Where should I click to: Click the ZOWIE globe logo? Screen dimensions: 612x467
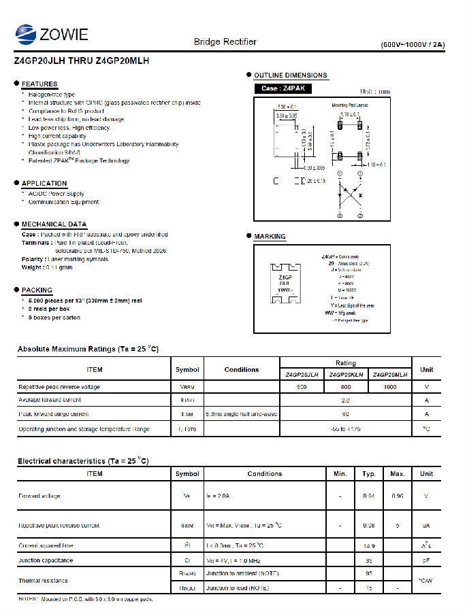(27, 33)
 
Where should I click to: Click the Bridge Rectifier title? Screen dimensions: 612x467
(225, 42)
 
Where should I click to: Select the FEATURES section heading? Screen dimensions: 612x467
(39, 84)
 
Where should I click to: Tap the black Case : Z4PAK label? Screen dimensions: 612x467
(279, 89)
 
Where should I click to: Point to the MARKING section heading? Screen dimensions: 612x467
(270, 237)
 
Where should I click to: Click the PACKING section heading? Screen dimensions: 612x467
(37, 290)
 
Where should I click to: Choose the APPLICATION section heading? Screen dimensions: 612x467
(44, 184)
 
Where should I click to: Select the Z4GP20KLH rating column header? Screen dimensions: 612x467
(346, 375)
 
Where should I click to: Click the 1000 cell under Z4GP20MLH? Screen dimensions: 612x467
(390, 387)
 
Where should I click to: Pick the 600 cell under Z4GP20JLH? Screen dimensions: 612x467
(302, 387)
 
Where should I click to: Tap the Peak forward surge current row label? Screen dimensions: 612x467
(54, 414)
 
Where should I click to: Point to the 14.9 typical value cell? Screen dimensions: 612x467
(369, 546)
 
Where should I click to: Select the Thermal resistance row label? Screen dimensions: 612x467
(44, 581)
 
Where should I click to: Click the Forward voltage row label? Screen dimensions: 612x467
(39, 496)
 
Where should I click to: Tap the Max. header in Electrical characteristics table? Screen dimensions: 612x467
(398, 474)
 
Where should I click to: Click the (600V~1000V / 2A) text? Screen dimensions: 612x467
(413, 45)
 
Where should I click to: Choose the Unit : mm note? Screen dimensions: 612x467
(375, 91)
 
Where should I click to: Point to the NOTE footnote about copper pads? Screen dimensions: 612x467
(86, 599)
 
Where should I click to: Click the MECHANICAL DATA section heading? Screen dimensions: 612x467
(54, 224)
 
